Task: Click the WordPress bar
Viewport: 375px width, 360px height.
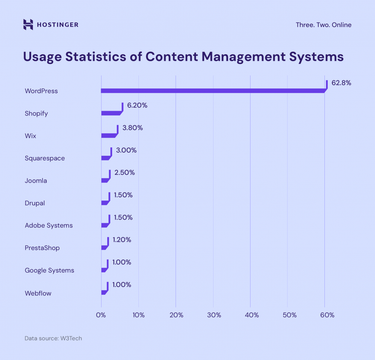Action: point(212,91)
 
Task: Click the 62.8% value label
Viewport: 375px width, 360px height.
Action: point(341,83)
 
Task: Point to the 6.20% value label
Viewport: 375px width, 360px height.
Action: point(137,105)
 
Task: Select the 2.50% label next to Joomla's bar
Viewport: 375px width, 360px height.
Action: point(125,172)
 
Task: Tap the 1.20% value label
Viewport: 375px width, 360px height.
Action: point(122,240)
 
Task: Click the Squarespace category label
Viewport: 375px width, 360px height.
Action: point(45,158)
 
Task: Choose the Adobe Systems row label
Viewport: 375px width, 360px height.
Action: point(49,225)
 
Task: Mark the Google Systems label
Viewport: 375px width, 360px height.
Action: point(49,271)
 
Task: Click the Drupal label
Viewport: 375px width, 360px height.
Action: point(35,203)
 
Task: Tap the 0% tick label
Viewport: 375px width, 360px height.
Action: point(101,315)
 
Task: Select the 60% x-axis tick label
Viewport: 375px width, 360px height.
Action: point(327,315)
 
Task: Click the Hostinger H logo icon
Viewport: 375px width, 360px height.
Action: point(28,25)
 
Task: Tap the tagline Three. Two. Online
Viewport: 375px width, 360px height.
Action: point(323,25)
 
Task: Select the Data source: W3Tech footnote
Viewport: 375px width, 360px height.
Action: point(53,338)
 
